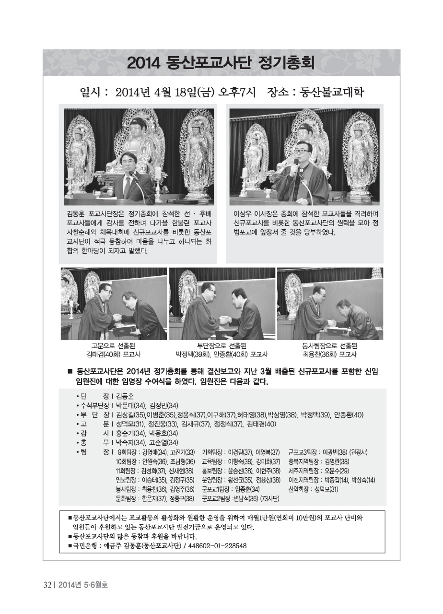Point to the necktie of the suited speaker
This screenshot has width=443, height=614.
[127, 187]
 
